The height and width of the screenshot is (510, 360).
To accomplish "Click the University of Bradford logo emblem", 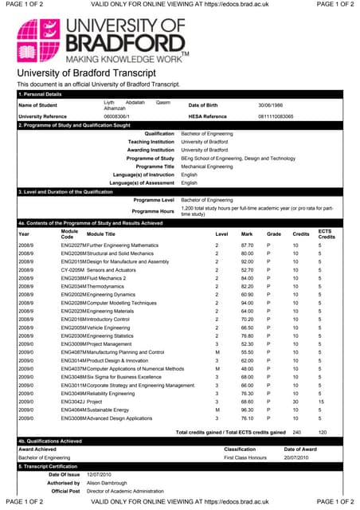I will pyautogui.click(x=41, y=39).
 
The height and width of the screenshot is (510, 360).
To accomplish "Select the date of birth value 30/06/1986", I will pyautogui.click(x=271, y=105).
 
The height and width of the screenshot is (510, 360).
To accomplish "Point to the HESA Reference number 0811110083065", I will pyautogui.click(x=276, y=116).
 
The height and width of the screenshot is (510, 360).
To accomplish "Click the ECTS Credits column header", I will pyautogui.click(x=326, y=233).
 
